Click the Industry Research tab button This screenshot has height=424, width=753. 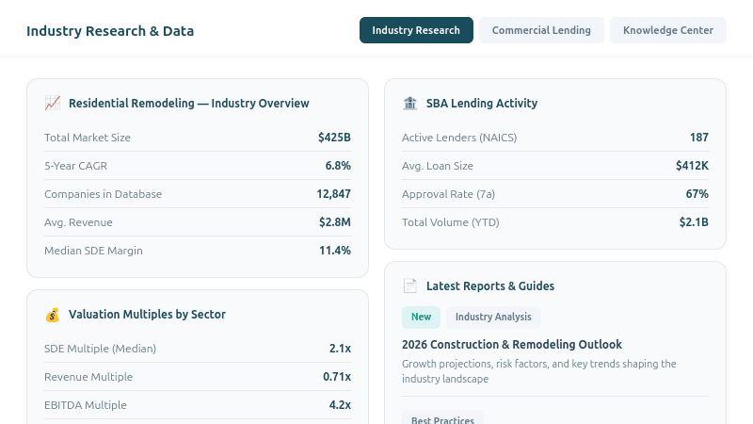tap(416, 30)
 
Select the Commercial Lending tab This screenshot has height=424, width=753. tap(541, 30)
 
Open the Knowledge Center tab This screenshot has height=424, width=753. tap(668, 30)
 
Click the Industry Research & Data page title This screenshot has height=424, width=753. tap(110, 31)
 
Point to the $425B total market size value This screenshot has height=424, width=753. tap(334, 138)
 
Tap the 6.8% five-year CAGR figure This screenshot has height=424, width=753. tap(338, 166)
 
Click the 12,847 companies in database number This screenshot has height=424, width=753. tap(333, 194)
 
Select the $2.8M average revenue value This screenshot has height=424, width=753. tap(334, 222)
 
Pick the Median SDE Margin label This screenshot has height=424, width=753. tap(93, 251)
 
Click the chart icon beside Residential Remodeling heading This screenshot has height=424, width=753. tap(53, 103)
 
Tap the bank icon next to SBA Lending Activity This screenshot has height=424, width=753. tap(410, 103)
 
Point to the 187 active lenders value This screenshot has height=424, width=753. tap(698, 138)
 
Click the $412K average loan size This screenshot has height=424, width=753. tap(692, 166)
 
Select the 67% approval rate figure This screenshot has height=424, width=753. tap(697, 194)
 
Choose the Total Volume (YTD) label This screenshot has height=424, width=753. tap(450, 222)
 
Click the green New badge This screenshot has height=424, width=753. tap(421, 317)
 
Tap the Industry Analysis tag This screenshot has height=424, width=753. tap(493, 317)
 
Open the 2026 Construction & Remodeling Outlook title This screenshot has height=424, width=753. tap(512, 345)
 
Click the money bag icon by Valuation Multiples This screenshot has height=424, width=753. tap(53, 314)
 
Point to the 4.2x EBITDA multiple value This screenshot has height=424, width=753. tap(340, 405)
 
